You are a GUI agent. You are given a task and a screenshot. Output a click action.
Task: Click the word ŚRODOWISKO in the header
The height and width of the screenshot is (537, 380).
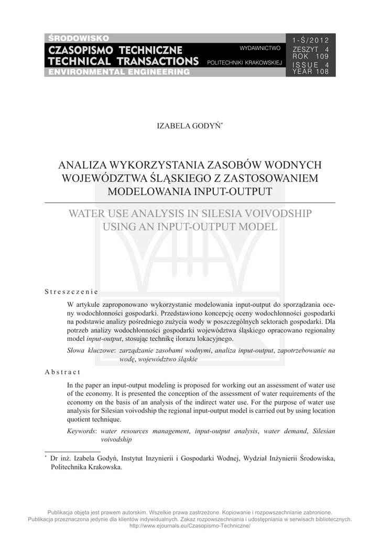click(79, 38)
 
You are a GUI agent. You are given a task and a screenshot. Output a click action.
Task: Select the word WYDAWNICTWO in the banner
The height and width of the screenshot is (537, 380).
click(260, 48)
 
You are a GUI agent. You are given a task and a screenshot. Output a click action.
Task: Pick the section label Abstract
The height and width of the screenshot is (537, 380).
click(62, 372)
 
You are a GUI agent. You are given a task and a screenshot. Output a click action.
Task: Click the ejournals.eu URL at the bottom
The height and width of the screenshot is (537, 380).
click(190, 525)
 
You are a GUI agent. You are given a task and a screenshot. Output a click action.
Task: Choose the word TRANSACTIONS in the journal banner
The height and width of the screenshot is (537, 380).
click(157, 61)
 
